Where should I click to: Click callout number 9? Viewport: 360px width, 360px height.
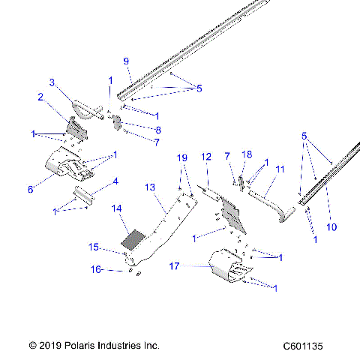tap(126, 61)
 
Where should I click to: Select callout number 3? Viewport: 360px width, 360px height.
tap(52, 82)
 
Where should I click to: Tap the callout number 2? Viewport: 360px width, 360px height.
tap(40, 96)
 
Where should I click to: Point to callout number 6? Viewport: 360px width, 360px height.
tap(31, 190)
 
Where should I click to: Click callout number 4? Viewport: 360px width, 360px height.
tap(115, 181)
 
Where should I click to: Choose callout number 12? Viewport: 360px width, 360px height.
tap(206, 157)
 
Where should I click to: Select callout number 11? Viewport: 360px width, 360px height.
tap(279, 170)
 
